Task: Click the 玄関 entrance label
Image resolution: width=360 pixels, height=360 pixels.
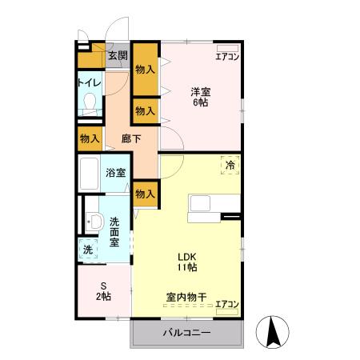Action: coord(118,56)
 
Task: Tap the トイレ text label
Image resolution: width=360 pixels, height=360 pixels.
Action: coord(89,82)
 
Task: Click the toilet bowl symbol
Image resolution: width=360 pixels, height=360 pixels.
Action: coord(90,104)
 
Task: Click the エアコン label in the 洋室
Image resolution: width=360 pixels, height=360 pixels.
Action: coord(227,55)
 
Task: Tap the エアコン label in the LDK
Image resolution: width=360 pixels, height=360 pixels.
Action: coord(227,303)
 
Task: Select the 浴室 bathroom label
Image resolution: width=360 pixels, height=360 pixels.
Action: coord(116,172)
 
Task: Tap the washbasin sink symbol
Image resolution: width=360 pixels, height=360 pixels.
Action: coord(93,222)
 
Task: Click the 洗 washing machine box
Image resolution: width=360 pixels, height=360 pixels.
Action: coord(88,250)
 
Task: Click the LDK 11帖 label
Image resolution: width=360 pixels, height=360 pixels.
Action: coord(186,262)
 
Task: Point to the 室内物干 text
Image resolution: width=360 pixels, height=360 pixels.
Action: coord(186,298)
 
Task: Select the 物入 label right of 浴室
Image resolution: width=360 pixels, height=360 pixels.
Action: coord(145,193)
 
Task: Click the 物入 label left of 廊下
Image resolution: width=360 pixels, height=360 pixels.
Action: coord(90,139)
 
